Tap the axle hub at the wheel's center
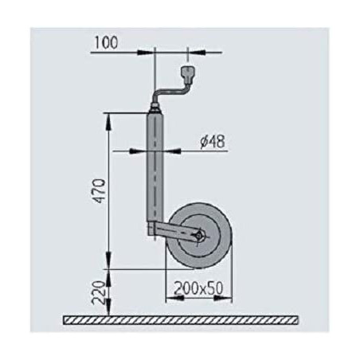click(199, 237)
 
